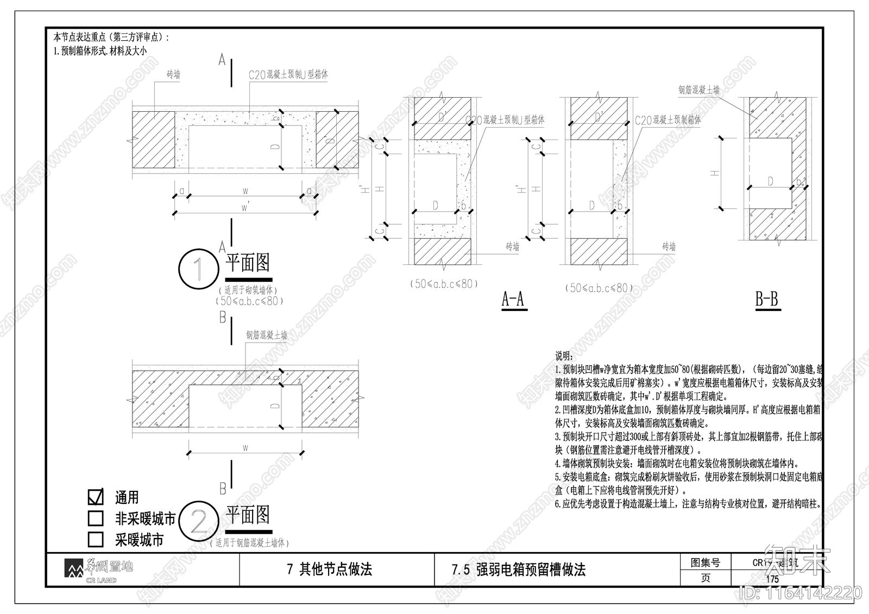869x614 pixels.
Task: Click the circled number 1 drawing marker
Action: click(198, 269)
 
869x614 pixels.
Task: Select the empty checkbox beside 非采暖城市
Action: click(96, 518)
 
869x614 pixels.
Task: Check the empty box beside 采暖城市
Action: click(96, 539)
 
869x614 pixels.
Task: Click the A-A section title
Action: click(513, 299)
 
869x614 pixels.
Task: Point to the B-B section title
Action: click(767, 299)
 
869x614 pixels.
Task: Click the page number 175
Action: click(772, 579)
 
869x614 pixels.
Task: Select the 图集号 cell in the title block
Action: click(705, 563)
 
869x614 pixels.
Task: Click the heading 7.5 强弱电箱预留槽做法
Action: click(518, 570)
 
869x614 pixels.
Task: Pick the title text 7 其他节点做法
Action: click(329, 569)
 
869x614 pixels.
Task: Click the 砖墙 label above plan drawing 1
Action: click(173, 75)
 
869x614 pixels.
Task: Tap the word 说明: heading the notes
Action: click(563, 356)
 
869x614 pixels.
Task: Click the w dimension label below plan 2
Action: click(245, 448)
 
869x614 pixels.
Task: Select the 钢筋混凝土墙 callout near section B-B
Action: click(698, 90)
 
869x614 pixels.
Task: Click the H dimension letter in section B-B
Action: click(715, 173)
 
